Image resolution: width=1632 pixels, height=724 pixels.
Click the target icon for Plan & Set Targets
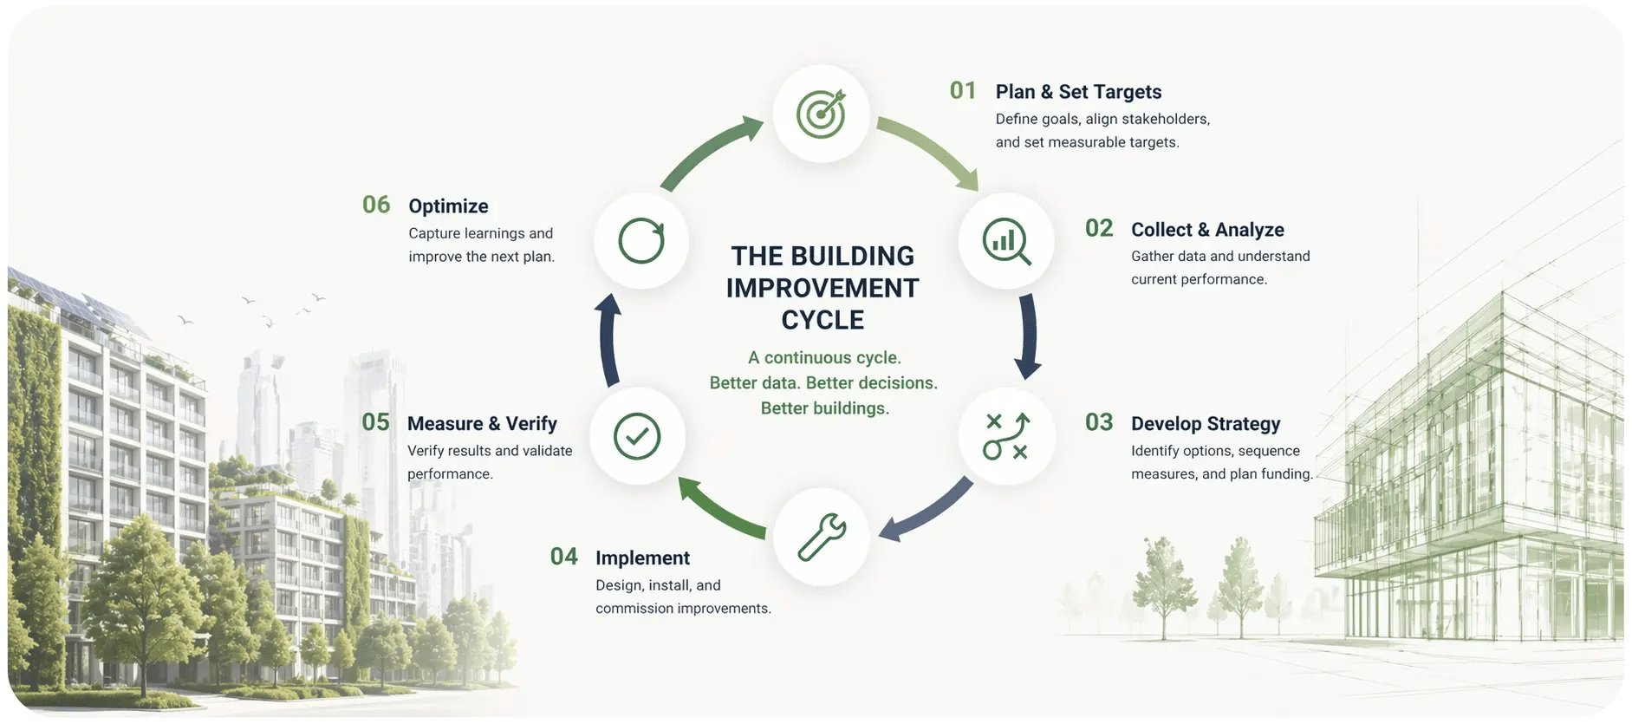[x=821, y=114]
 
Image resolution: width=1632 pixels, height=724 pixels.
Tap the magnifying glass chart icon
[x=1005, y=241]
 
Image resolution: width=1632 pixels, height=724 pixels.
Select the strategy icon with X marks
[x=1005, y=435]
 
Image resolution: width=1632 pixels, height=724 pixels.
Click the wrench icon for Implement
[x=821, y=536]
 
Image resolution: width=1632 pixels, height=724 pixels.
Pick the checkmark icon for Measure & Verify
[x=637, y=435]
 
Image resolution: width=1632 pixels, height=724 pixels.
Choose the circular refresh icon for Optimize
[x=641, y=241]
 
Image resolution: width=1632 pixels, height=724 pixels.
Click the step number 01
[x=963, y=91]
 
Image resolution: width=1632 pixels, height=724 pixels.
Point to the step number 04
[x=563, y=557]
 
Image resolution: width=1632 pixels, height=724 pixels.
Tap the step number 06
[x=376, y=205]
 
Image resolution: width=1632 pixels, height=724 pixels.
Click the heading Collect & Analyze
[x=1207, y=230]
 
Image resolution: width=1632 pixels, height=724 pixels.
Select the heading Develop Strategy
[x=1206, y=424]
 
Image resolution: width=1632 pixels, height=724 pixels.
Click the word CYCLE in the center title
[x=823, y=320]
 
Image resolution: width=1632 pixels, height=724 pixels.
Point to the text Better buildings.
[x=824, y=408]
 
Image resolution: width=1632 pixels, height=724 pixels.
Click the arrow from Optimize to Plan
[x=709, y=153]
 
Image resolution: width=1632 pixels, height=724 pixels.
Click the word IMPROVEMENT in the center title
[x=823, y=288]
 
